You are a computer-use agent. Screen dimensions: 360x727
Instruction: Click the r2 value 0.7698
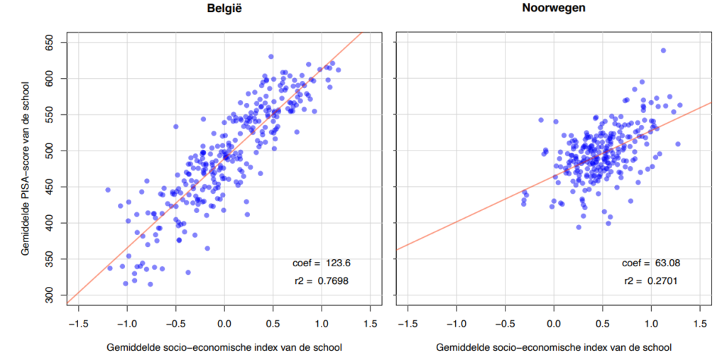(x=332, y=281)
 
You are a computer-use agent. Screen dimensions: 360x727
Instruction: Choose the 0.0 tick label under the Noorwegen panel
(x=554, y=324)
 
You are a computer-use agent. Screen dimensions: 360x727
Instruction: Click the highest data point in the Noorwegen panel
(x=663, y=50)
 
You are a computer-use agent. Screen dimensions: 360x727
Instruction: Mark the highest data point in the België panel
(x=271, y=56)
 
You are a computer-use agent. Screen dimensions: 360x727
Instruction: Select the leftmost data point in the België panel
(x=108, y=190)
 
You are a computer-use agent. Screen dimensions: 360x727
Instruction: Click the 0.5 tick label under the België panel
(x=273, y=324)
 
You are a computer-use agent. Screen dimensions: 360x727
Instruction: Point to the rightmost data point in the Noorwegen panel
(x=680, y=105)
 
